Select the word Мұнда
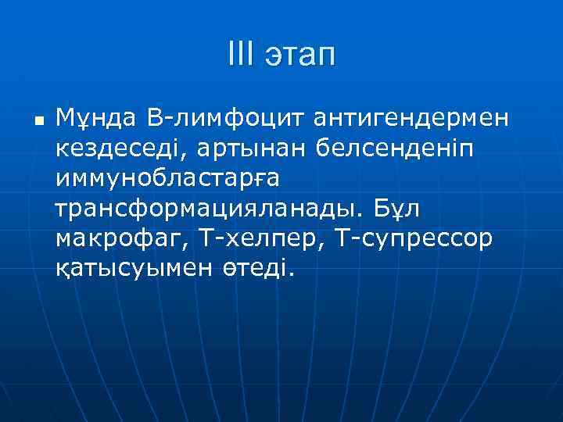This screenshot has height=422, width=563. click(97, 119)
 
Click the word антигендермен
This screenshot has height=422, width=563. click(411, 119)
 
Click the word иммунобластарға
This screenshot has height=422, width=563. click(167, 179)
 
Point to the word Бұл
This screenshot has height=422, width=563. click(402, 208)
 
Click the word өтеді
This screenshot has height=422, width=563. click(249, 269)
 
